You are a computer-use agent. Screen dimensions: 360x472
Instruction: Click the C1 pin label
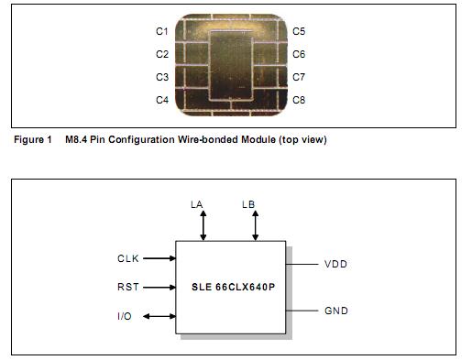point(161,32)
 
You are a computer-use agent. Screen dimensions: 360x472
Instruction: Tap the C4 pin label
point(161,100)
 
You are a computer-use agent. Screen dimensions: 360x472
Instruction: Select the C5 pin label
point(299,32)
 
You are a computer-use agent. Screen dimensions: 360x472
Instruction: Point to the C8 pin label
point(299,100)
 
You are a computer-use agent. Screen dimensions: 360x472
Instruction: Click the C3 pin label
point(161,78)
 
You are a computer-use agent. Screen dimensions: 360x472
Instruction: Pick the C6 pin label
point(299,55)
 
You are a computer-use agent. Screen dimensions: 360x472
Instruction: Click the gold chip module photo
point(230,65)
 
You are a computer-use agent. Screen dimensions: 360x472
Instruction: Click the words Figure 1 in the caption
point(32,140)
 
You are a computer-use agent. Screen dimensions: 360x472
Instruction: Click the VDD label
point(335,265)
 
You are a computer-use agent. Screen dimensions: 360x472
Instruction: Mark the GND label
point(336,311)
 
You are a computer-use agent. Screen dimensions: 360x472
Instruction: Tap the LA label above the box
point(195,204)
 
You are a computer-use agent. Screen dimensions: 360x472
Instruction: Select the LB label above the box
point(248,204)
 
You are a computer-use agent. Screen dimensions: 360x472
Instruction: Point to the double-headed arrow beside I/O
point(159,316)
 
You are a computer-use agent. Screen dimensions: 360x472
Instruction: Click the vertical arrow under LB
point(256,225)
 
